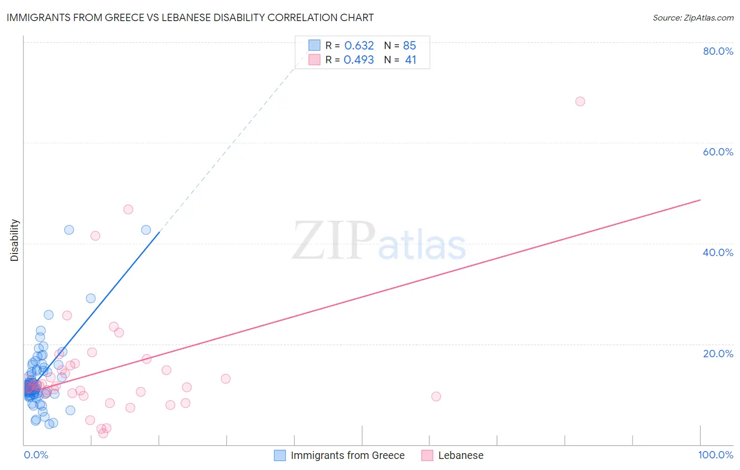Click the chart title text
point(190,17)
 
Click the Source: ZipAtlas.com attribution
point(693,18)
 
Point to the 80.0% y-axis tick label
point(717,51)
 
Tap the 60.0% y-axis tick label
point(717,152)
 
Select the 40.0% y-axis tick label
point(717,252)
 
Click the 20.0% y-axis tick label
point(717,354)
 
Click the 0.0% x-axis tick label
point(36,455)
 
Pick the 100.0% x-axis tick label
point(715,455)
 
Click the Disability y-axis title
point(15,240)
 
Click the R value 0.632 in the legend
point(359,46)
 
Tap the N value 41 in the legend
point(411,60)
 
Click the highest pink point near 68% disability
point(580,101)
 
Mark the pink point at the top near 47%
point(128,209)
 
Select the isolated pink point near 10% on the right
point(436,396)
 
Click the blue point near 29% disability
point(91,298)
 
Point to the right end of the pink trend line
point(700,200)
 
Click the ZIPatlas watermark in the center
point(379,241)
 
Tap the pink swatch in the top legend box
point(314,60)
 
